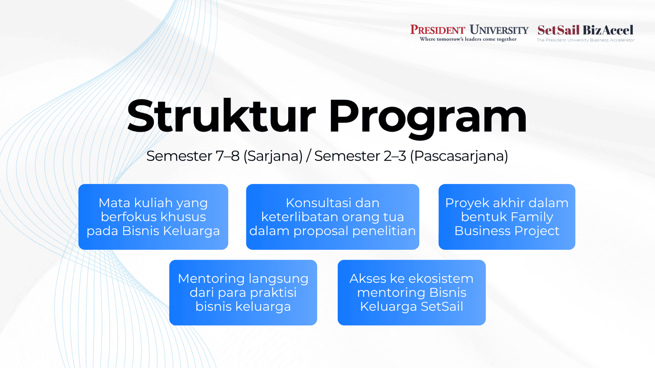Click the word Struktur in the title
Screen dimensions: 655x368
pyautogui.click(x=221, y=116)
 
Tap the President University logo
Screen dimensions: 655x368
pyautogui.click(x=469, y=33)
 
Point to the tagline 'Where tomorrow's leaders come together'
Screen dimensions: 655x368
pyautogui.click(x=468, y=39)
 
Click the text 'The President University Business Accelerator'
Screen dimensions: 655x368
pyautogui.click(x=585, y=40)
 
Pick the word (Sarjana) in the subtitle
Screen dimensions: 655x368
pyautogui.click(x=273, y=156)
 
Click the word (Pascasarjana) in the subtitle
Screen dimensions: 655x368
pyautogui.click(x=459, y=156)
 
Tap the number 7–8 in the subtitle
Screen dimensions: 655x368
pyautogui.click(x=228, y=156)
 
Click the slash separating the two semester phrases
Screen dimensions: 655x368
pyautogui.click(x=308, y=156)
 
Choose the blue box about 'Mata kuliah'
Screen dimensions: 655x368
pyautogui.click(x=153, y=217)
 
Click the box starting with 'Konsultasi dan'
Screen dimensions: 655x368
pyautogui.click(x=332, y=217)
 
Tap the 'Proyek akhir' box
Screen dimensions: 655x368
pyautogui.click(x=507, y=217)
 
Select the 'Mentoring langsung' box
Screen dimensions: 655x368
pyautogui.click(x=243, y=293)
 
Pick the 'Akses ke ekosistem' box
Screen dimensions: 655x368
pyautogui.click(x=411, y=293)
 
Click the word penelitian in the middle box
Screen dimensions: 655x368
pyautogui.click(x=384, y=231)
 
